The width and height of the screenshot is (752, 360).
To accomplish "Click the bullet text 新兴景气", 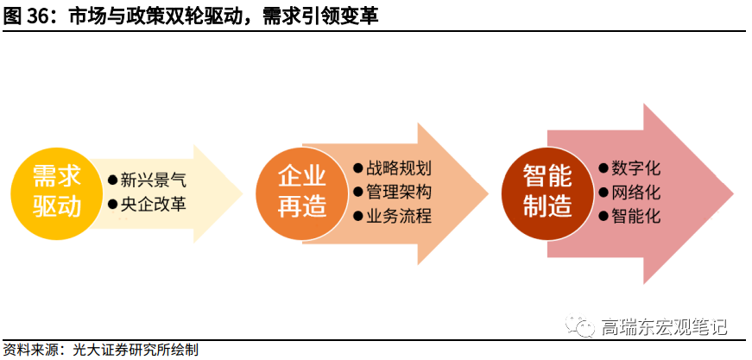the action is pos(152,180).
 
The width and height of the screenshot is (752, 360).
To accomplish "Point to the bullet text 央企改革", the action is pos(152,205).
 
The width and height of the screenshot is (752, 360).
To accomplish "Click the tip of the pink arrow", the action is pos(732,193).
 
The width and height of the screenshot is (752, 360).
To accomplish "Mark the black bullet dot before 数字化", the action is pos(603,169).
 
